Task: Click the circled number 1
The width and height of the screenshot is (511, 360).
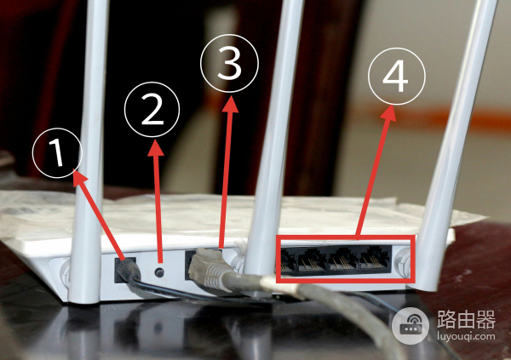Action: pos(57,153)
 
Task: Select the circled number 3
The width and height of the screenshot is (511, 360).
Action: pos(229,63)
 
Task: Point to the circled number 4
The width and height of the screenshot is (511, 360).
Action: pos(397,77)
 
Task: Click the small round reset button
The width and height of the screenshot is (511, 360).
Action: pos(159,272)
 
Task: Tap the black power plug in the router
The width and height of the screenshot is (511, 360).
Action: pos(129,271)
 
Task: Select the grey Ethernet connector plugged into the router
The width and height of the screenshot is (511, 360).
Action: pos(209,269)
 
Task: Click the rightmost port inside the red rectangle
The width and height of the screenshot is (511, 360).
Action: pos(375,260)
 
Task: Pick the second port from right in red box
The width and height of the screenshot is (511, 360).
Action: pos(343,260)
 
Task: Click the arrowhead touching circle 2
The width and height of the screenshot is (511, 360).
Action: pos(156,149)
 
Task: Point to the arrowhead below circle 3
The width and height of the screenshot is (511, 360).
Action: pos(231,104)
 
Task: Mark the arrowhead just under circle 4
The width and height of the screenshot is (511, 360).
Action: pos(389,113)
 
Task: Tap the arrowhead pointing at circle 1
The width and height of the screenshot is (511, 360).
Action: pos(79,178)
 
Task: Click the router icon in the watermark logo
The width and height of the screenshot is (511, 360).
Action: pos(411,326)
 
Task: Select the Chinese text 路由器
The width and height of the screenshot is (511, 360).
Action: pos(466,319)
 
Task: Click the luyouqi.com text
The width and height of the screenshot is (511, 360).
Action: pos(466,336)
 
